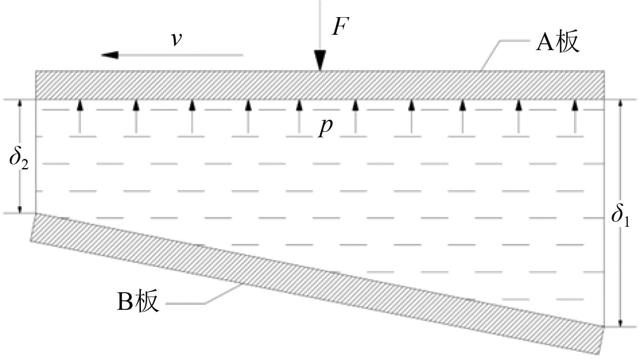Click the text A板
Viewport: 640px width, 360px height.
(x=557, y=44)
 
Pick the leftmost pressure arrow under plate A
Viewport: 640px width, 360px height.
(x=79, y=117)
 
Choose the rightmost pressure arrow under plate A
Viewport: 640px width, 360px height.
(x=575, y=117)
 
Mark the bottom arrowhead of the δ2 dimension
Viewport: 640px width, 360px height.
(x=19, y=209)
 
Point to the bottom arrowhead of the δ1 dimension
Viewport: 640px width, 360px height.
(x=620, y=322)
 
